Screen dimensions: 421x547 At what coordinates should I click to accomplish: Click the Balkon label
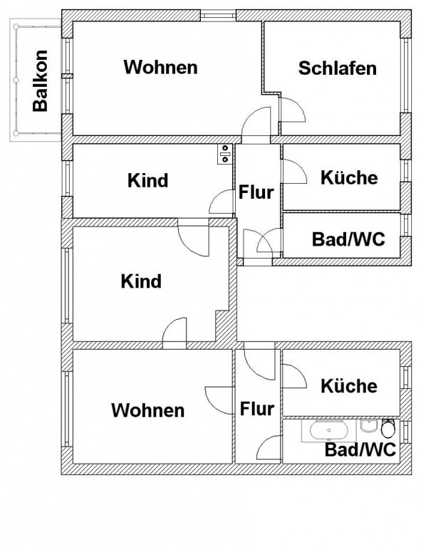(40, 81)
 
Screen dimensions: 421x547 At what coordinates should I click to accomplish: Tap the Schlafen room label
(337, 68)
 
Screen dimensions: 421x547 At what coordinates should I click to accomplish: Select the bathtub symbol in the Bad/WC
(329, 431)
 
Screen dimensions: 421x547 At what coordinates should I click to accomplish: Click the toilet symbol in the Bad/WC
(388, 428)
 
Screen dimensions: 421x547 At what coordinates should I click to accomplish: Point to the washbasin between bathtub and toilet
(368, 426)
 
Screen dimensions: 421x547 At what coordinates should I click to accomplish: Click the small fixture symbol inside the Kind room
(224, 154)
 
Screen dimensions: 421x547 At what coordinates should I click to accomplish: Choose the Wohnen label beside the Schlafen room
(160, 67)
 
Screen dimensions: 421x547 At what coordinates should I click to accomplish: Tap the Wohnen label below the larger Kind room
(148, 410)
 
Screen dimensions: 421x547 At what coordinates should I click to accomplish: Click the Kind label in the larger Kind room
(141, 281)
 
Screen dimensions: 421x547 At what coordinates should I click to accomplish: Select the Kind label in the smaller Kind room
(147, 180)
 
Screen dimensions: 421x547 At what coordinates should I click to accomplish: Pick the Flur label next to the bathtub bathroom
(257, 409)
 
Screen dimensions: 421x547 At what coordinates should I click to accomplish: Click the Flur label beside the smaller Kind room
(256, 192)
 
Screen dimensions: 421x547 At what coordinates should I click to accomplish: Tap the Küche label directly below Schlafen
(349, 177)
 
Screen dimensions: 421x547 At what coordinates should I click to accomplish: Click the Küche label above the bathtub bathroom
(349, 386)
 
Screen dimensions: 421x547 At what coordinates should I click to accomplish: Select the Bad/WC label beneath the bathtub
(360, 449)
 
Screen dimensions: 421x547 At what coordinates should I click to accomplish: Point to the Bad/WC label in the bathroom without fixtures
(348, 239)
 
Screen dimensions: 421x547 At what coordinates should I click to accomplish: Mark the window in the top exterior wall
(219, 16)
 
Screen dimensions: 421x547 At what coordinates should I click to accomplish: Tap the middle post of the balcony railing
(16, 80)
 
